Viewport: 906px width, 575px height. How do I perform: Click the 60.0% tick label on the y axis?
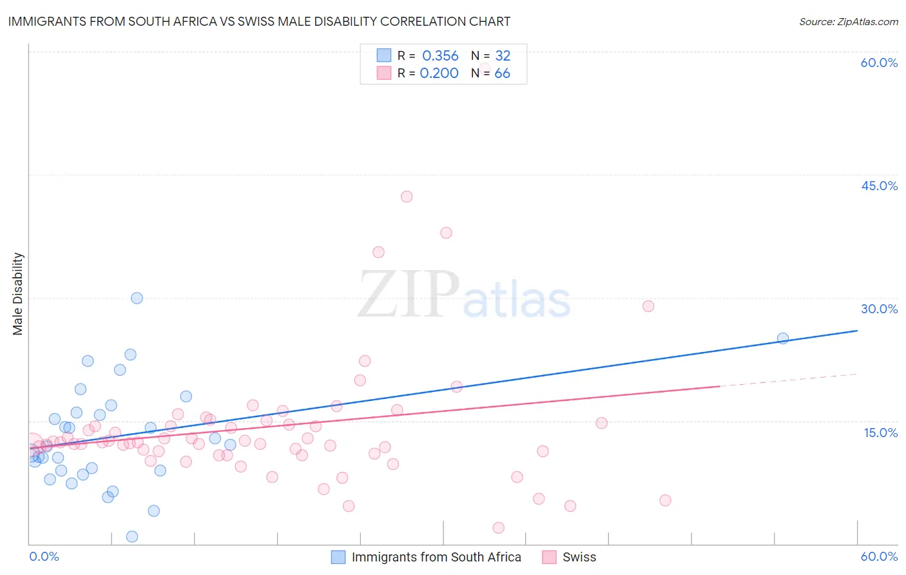(x=879, y=63)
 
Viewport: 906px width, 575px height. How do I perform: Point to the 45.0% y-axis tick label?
(x=879, y=186)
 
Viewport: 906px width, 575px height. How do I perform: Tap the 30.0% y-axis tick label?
(x=879, y=309)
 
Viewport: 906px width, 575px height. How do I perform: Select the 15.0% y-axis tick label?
(x=880, y=432)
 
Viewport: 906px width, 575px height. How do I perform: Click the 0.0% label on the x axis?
(x=44, y=556)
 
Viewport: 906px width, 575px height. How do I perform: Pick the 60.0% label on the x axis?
(x=879, y=556)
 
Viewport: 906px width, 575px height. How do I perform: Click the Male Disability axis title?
(x=18, y=293)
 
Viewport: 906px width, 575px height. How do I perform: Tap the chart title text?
(x=259, y=21)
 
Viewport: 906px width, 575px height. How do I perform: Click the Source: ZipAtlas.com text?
(x=848, y=21)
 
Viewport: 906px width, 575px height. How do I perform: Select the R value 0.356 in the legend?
(x=440, y=56)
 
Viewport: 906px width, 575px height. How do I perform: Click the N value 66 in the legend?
(x=502, y=73)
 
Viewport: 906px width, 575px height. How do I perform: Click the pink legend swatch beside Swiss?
(x=549, y=557)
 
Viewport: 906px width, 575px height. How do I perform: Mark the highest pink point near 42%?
(x=407, y=197)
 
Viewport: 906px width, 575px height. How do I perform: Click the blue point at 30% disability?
(x=137, y=298)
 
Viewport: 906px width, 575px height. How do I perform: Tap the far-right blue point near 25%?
(x=783, y=338)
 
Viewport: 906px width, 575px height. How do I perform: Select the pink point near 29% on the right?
(x=648, y=306)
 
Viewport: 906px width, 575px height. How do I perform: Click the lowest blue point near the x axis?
(x=132, y=536)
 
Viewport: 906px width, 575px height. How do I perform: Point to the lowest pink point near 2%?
(x=498, y=528)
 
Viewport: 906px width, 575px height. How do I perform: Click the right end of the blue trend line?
(x=857, y=331)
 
